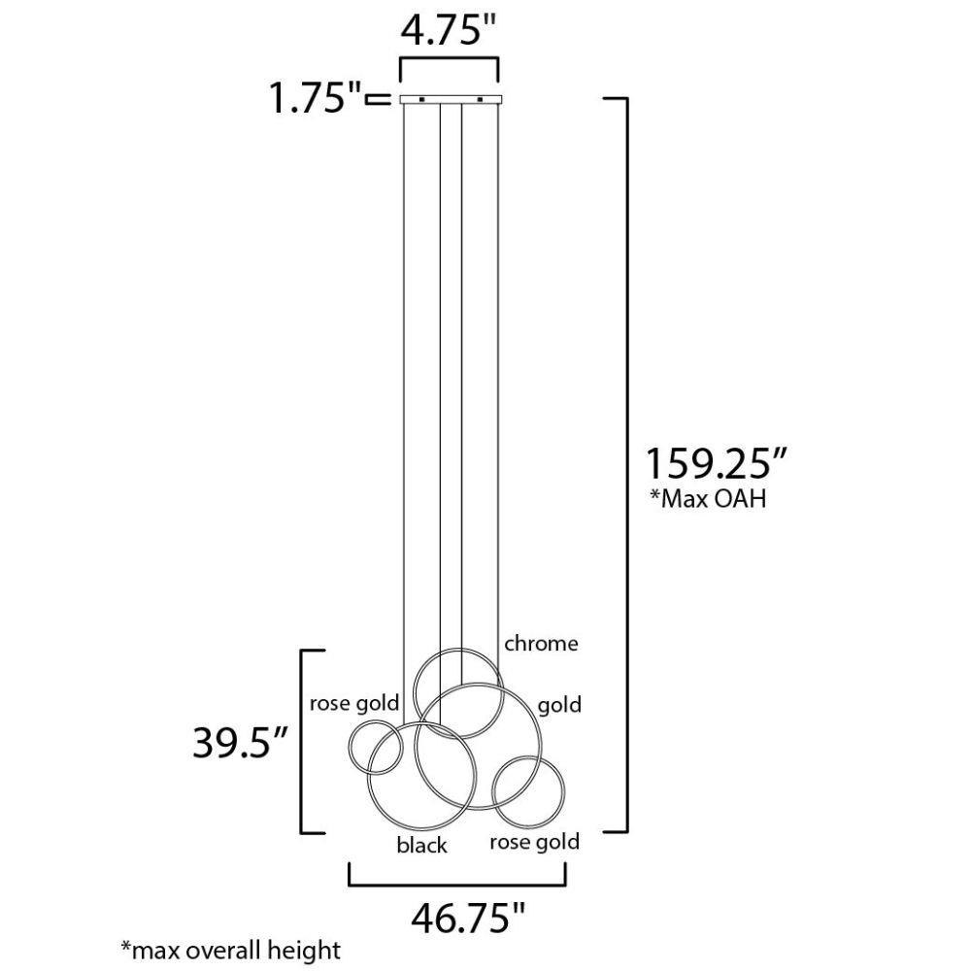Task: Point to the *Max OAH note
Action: click(x=707, y=499)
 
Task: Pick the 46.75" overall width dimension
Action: click(x=468, y=918)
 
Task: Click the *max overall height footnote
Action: click(x=230, y=950)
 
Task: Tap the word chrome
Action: click(x=541, y=644)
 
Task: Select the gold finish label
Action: click(x=559, y=705)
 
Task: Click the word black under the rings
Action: click(x=421, y=845)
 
